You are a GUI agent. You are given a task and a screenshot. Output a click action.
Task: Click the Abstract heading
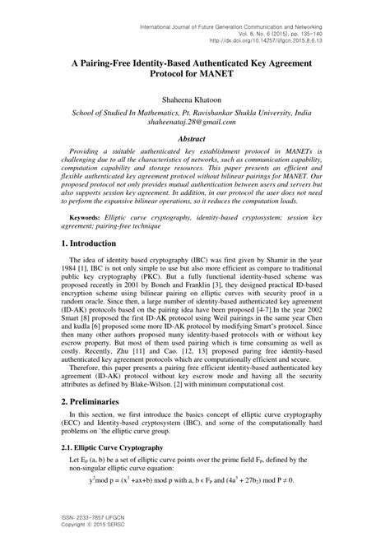[194, 140]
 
